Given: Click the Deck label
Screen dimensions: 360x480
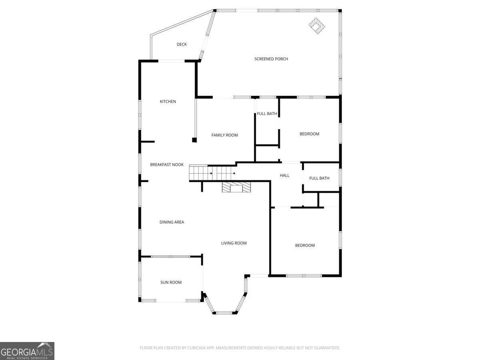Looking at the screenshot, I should click(182, 44).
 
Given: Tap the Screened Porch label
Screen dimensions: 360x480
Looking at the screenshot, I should click(271, 59).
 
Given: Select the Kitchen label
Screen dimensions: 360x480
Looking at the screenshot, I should click(168, 102).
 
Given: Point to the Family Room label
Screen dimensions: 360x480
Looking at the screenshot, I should click(224, 135).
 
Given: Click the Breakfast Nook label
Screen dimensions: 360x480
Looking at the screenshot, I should click(167, 164).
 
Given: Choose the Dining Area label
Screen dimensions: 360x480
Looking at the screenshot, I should click(172, 222).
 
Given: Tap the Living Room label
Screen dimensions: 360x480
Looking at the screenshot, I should click(234, 243).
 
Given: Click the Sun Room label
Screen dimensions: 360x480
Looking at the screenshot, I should click(171, 282).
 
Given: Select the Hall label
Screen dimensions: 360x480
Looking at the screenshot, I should click(284, 176).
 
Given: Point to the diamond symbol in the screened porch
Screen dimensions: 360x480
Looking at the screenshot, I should click(317, 26).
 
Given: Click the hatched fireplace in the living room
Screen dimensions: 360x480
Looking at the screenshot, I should click(236, 188).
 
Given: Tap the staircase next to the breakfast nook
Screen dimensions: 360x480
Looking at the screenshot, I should click(212, 173).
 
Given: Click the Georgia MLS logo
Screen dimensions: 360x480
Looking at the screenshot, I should click(27, 351).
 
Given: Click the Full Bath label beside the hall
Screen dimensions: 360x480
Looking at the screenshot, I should click(319, 178).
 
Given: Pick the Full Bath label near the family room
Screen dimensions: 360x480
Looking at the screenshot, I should click(267, 114).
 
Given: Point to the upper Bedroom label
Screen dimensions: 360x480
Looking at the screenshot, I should click(309, 134).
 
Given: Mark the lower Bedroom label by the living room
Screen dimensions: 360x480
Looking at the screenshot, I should click(305, 246).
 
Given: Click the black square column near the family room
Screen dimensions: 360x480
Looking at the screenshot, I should click(194, 140).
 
